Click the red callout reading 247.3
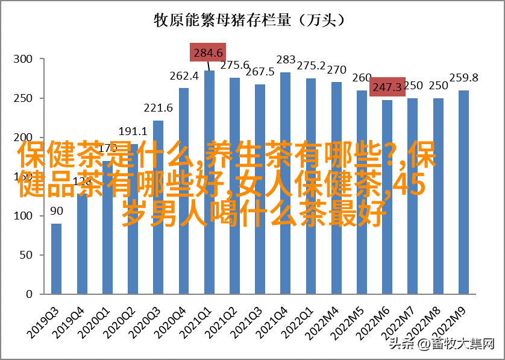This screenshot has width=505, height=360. pyautogui.click(x=387, y=87)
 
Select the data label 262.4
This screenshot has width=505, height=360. pyautogui.click(x=184, y=76)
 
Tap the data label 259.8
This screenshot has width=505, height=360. pyautogui.click(x=464, y=78)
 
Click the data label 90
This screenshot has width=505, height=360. pyautogui.click(x=56, y=211)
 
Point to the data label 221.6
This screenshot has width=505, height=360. pyautogui.click(x=158, y=108)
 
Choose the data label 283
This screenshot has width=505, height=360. pyautogui.click(x=286, y=60)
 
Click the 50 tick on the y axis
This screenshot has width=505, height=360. pyautogui.click(x=25, y=255)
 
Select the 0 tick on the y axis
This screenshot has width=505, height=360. pyautogui.click(x=28, y=294)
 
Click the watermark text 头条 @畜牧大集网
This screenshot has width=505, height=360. pyautogui.click(x=442, y=344)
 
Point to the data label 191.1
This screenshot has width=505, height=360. pyautogui.click(x=133, y=131)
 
